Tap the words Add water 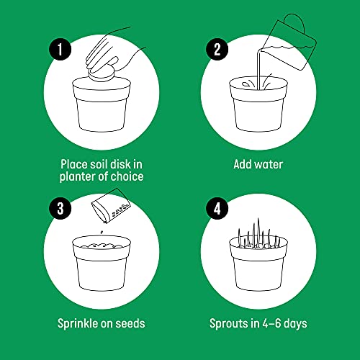pos(258,164)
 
